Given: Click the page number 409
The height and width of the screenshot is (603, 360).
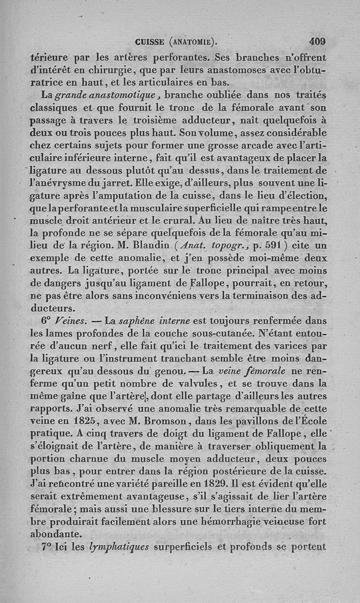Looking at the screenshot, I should pos(317,42).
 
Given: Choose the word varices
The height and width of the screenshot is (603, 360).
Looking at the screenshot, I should pos(290,346).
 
